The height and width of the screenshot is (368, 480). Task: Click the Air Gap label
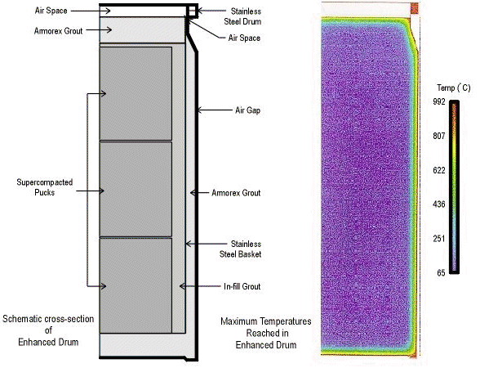tap(247, 110)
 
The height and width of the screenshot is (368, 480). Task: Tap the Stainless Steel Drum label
tap(242, 16)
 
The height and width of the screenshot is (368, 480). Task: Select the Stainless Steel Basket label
tap(240, 249)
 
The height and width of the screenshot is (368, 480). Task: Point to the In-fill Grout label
tap(242, 286)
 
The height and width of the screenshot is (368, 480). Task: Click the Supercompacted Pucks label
tap(45, 187)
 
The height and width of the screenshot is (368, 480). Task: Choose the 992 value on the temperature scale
tap(439, 101)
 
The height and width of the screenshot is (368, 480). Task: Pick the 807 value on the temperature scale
tap(439, 136)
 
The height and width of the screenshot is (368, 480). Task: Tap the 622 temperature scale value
tap(439, 170)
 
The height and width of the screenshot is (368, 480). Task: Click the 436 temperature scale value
tap(439, 204)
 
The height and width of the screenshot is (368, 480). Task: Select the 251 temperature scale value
tap(439, 239)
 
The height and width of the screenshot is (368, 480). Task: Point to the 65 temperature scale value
tap(441, 272)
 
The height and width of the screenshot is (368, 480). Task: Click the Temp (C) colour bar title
tap(454, 88)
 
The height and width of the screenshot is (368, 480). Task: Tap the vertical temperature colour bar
tap(454, 186)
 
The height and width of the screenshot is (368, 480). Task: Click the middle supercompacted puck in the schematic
tap(136, 189)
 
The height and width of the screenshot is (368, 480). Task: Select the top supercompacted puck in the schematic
tap(136, 93)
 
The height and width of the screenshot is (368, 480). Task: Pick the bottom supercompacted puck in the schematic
tap(136, 285)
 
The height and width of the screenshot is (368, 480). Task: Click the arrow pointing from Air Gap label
tap(214, 110)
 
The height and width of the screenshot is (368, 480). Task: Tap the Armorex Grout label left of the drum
tap(59, 31)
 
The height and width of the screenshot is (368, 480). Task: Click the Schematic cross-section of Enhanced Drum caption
tap(48, 330)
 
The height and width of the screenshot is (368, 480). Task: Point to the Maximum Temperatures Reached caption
tap(266, 333)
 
